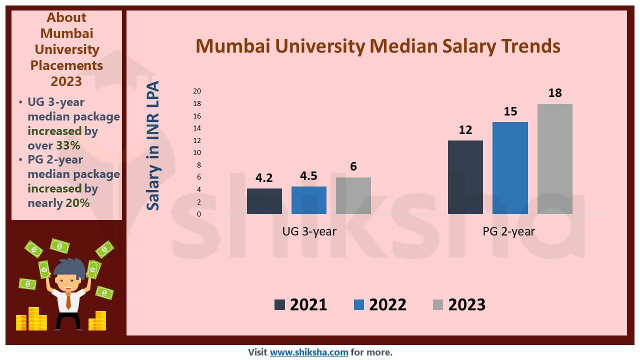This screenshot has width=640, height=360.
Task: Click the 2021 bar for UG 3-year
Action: pyautogui.click(x=264, y=201)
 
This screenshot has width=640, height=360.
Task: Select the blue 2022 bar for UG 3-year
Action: pyautogui.click(x=308, y=200)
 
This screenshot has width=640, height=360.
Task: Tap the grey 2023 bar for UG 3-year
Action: pyautogui.click(x=353, y=195)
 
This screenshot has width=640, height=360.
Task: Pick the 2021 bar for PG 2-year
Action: pyautogui.click(x=465, y=177)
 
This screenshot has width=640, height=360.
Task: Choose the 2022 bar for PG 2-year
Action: pyautogui.click(x=510, y=168)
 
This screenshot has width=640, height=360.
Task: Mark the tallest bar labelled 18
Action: pyautogui.click(x=554, y=159)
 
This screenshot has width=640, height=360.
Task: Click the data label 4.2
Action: pyautogui.click(x=264, y=178)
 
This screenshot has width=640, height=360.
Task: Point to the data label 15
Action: pyautogui.click(x=510, y=111)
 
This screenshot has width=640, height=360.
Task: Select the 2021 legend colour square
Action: pyautogui.click(x=279, y=304)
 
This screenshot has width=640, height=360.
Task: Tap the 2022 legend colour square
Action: pyautogui.click(x=358, y=304)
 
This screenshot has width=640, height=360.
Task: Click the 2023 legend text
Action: pyautogui.click(x=466, y=304)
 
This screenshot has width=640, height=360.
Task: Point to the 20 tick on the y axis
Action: pyautogui.click(x=197, y=91)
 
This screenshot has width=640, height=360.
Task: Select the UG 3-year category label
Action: pyautogui.click(x=309, y=231)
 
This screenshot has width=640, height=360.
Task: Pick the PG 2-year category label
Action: pyautogui.click(x=508, y=231)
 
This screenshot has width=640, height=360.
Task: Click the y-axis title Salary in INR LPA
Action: pyautogui.click(x=153, y=145)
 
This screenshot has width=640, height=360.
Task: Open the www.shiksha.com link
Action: pyautogui.click(x=309, y=352)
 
